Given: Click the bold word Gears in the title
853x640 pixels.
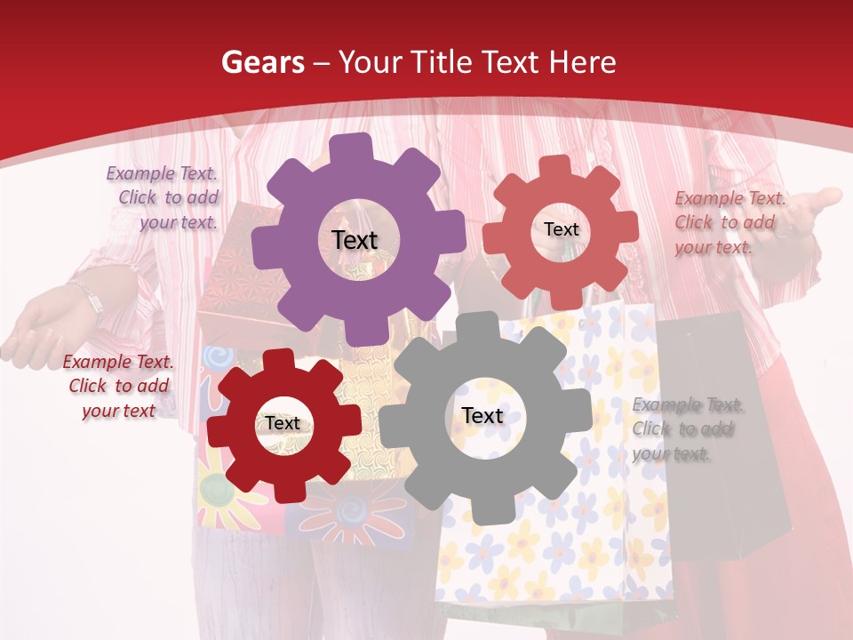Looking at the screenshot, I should (262, 62).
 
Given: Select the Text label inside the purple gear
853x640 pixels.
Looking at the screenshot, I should (355, 240).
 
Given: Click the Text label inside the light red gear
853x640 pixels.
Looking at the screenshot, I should (561, 229).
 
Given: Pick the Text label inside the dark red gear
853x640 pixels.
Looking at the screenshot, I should (283, 424).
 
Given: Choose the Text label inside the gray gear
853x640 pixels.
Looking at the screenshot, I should (482, 416).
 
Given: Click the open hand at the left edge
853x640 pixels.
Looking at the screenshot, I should (36, 329).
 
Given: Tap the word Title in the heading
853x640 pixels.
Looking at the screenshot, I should (444, 62).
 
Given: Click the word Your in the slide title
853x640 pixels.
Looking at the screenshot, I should (370, 62).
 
